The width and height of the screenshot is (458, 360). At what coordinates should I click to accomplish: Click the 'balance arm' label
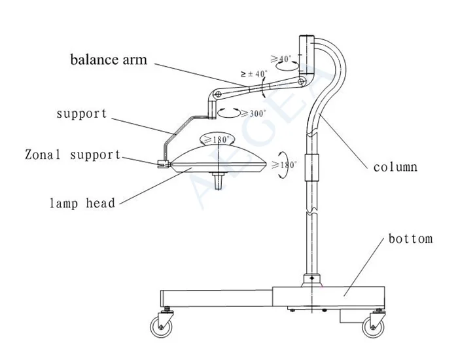click(x=108, y=60)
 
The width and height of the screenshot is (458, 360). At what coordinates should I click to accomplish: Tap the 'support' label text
click(x=81, y=113)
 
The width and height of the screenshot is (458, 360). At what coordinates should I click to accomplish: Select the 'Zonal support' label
click(x=73, y=155)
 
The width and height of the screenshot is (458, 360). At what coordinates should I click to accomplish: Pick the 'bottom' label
click(x=410, y=238)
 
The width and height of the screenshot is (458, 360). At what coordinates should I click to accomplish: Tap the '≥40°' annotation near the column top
click(x=284, y=59)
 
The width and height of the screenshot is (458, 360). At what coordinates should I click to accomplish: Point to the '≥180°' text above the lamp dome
click(x=217, y=139)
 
